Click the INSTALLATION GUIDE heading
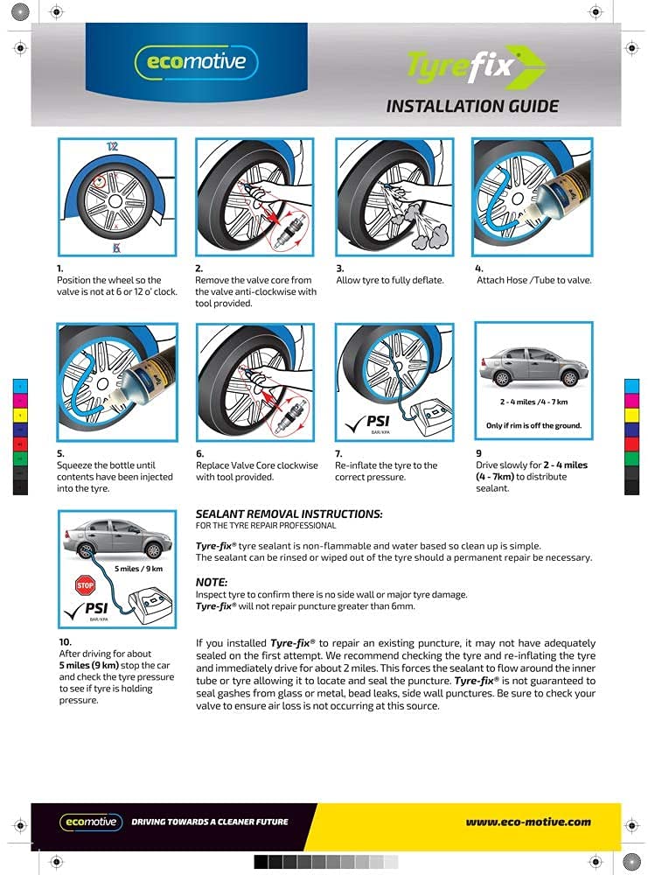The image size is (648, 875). point(472,107)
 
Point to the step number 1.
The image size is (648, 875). point(59,269)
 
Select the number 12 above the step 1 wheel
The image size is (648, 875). point(112,147)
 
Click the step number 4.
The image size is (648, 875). point(479,269)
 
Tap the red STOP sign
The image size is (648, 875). point(85,585)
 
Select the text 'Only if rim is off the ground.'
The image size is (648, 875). point(533,426)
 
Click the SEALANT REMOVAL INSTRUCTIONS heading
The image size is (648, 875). point(289,514)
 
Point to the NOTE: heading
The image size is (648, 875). point(212,582)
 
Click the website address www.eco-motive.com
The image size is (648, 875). point(528,822)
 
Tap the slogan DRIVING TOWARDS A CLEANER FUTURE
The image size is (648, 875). point(209,822)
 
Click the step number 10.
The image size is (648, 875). point(65,641)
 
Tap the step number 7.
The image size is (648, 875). point(338,454)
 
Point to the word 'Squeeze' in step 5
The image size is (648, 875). point(75,465)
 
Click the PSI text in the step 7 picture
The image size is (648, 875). point(378,420)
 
